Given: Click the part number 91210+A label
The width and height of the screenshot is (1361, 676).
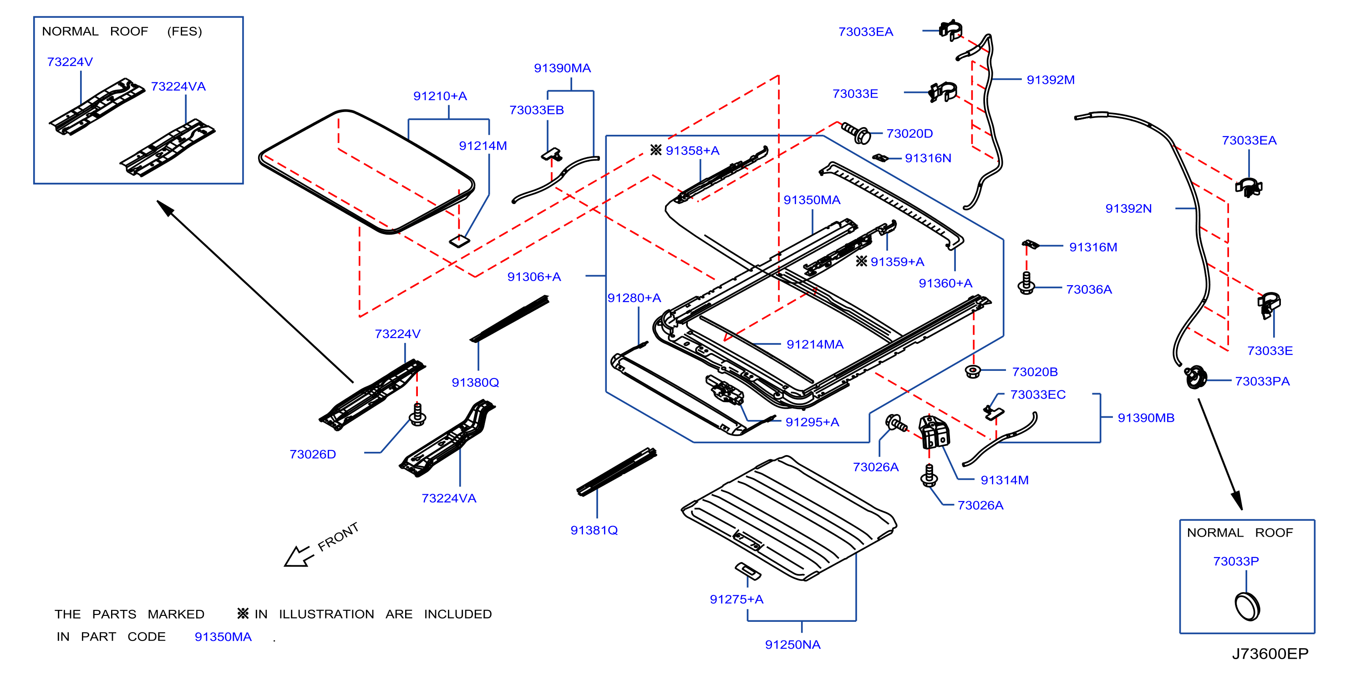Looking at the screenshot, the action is pos(440,96).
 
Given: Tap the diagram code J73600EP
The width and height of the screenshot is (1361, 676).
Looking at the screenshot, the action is pos(1270,654).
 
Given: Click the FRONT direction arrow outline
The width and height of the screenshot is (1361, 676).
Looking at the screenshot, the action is pos(297,556).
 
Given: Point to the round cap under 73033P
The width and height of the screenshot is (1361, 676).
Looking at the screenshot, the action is pos(1247,606).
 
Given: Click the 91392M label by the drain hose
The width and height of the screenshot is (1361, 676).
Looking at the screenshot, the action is pos(1051,80).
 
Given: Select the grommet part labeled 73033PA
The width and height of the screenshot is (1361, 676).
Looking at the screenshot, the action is pos(1195,377).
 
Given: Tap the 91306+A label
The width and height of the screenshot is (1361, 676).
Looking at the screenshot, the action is pos(533,277).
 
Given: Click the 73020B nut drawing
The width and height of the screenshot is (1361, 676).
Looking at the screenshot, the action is pos(972,371).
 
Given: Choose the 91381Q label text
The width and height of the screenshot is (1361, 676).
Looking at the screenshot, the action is pos(594,530).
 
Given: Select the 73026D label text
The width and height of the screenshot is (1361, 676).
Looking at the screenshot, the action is pos(313,454).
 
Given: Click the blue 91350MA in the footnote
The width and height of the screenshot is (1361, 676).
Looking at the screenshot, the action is pos(223,636).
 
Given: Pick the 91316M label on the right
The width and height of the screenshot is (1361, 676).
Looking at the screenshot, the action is pos(1093,247).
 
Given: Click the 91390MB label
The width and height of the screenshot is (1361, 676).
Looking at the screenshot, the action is pos(1146,418).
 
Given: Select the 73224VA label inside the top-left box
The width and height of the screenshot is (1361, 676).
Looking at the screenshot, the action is pos(178,86).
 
